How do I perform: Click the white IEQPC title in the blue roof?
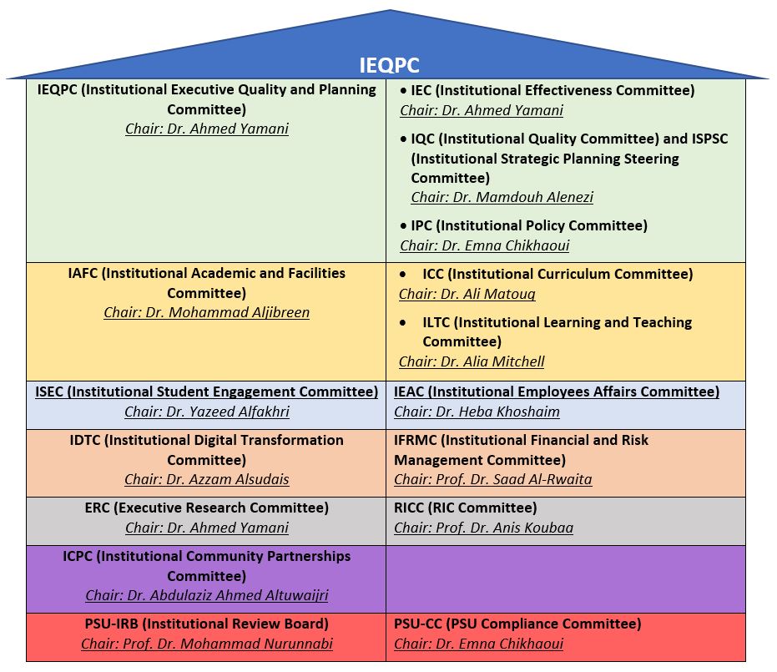pos(389,65)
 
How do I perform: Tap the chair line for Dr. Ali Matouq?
pos(467,295)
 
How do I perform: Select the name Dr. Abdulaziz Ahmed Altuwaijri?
pos(228,595)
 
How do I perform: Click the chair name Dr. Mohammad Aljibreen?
pos(228,313)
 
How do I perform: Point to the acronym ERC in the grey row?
pos(97,508)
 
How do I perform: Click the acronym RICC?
pos(409,508)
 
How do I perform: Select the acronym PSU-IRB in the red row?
pos(112,624)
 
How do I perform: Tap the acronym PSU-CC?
pos(418,624)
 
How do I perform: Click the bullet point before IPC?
pos(403,226)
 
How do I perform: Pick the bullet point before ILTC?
pos(403,323)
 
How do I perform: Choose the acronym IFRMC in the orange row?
pos(416,441)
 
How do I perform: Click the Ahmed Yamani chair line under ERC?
pos(207,528)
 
